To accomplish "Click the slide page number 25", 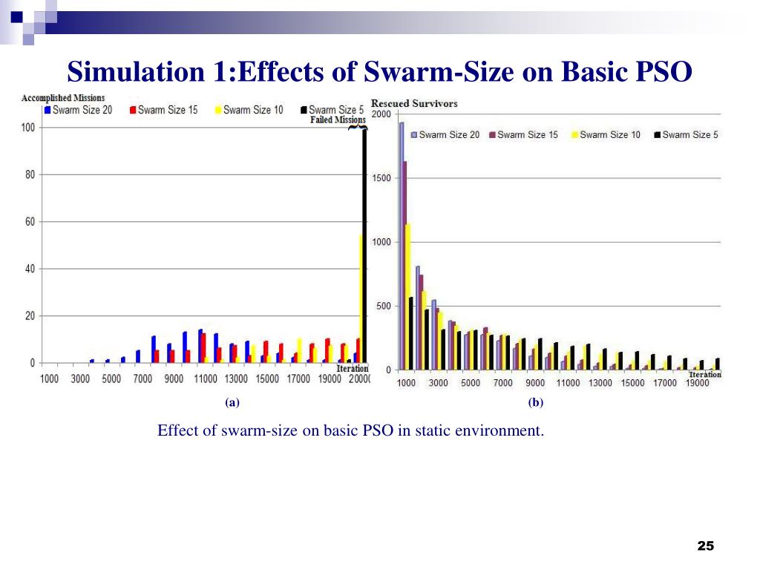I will pyautogui.click(x=705, y=546).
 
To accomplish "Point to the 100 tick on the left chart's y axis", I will pyautogui.click(x=27, y=128).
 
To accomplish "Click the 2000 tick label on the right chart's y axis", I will pyautogui.click(x=381, y=114).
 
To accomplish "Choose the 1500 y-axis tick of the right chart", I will pyautogui.click(x=381, y=178).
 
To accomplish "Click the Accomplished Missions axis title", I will pyautogui.click(x=63, y=97).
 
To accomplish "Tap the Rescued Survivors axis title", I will pyautogui.click(x=414, y=103).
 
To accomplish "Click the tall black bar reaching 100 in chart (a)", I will pyautogui.click(x=364, y=245).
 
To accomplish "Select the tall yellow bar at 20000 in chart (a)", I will pyautogui.click(x=361, y=297).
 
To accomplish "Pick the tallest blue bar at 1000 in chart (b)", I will pyautogui.click(x=402, y=245).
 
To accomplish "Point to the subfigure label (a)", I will pyautogui.click(x=232, y=403).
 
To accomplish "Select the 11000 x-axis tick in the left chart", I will pyautogui.click(x=206, y=379).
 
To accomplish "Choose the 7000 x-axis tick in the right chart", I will pyautogui.click(x=502, y=383).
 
